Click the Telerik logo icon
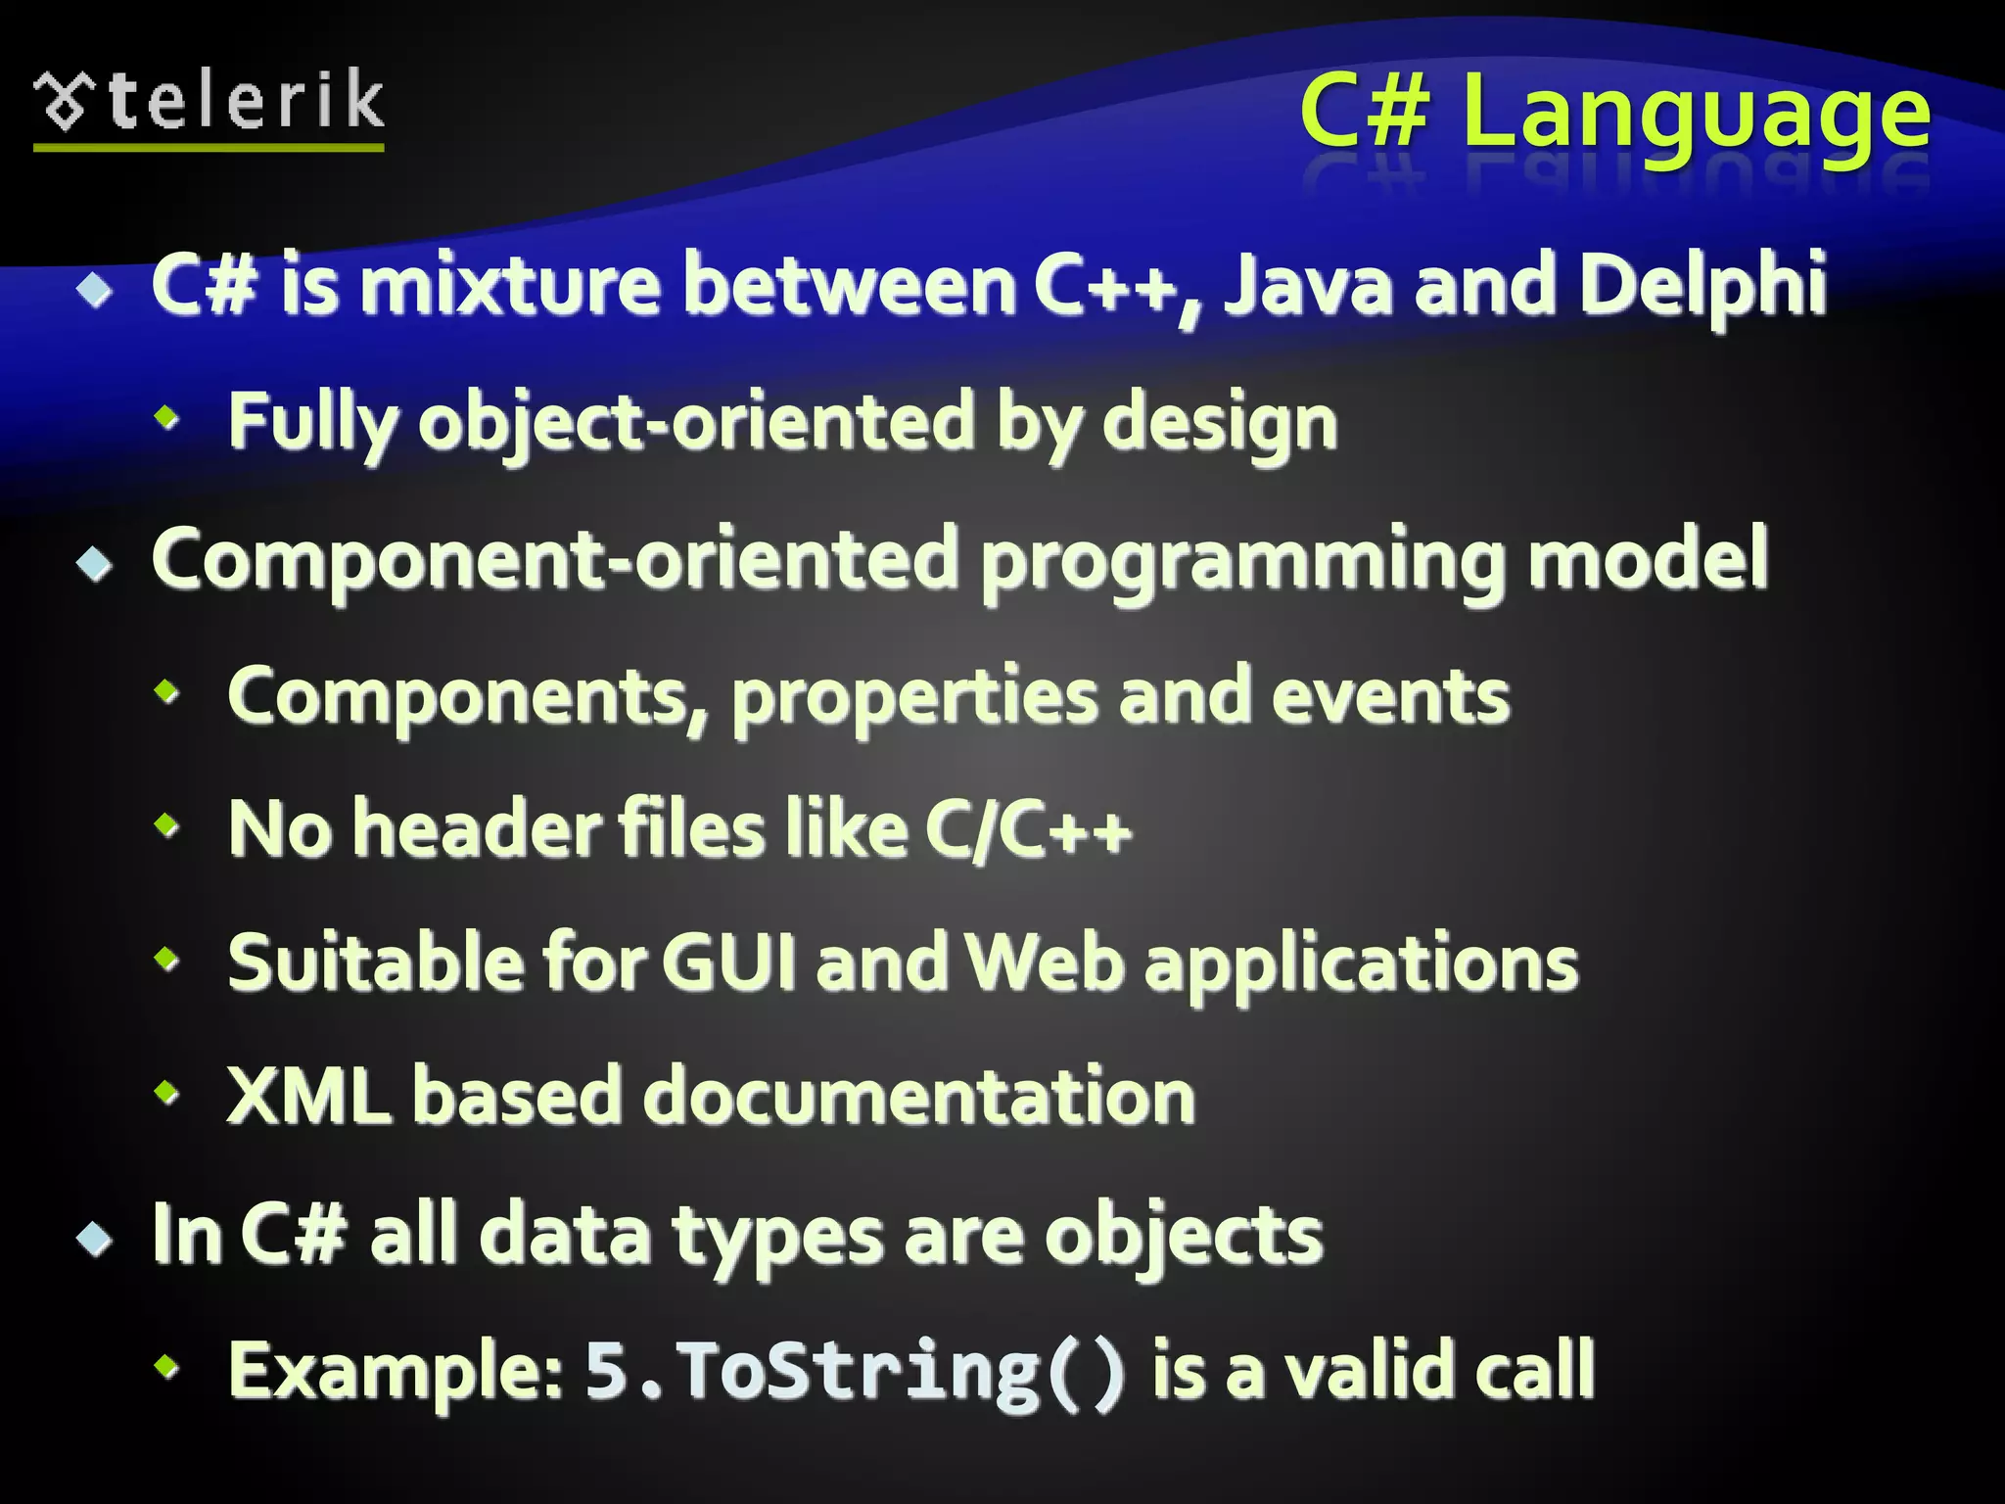(x=65, y=101)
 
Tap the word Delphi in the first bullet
(x=1702, y=285)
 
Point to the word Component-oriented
(x=554, y=559)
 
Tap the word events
(x=1390, y=696)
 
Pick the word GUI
(x=729, y=963)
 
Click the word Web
(x=1045, y=963)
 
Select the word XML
(x=308, y=1096)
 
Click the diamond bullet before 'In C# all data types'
(x=95, y=1239)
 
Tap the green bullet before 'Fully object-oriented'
(x=167, y=419)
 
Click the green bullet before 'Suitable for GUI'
(x=167, y=959)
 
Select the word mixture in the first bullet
(x=509, y=285)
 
